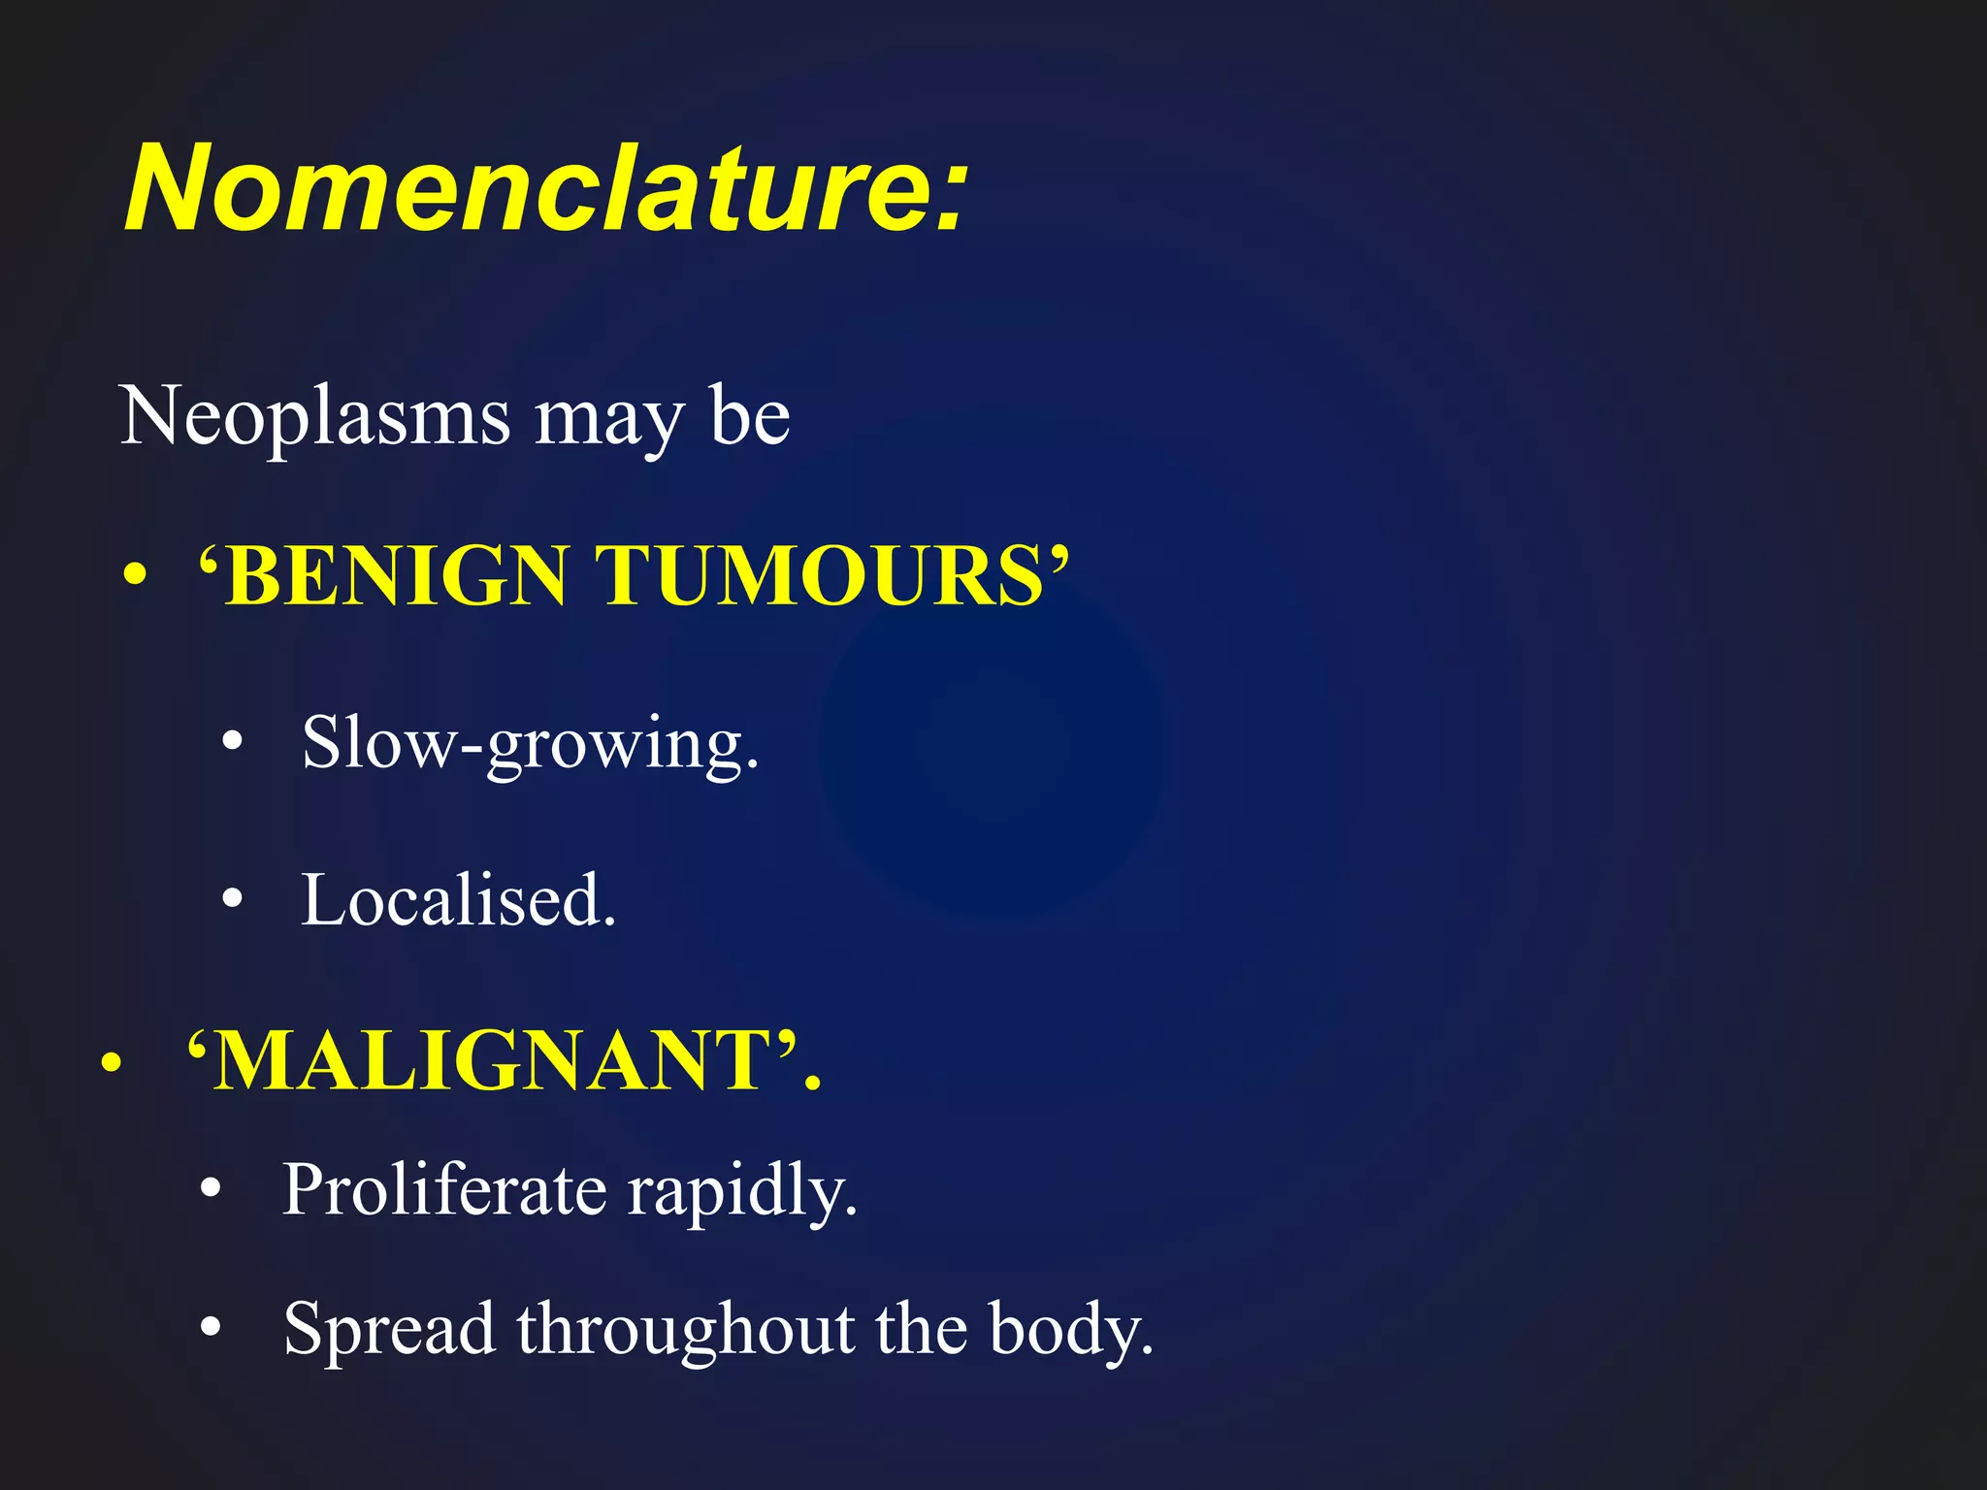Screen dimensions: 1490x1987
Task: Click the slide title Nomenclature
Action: tap(545, 188)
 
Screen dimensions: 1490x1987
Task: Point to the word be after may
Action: tap(749, 415)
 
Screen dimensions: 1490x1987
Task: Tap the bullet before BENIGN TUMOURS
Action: tap(136, 577)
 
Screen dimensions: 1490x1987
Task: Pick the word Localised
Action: tap(458, 901)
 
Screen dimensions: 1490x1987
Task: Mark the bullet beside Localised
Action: tap(232, 900)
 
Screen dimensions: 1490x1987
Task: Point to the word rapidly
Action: tap(742, 1193)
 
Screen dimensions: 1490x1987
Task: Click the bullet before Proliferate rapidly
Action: tap(212, 1189)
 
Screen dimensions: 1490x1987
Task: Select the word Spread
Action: tap(389, 1329)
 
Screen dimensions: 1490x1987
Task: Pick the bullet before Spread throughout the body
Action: tap(212, 1328)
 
